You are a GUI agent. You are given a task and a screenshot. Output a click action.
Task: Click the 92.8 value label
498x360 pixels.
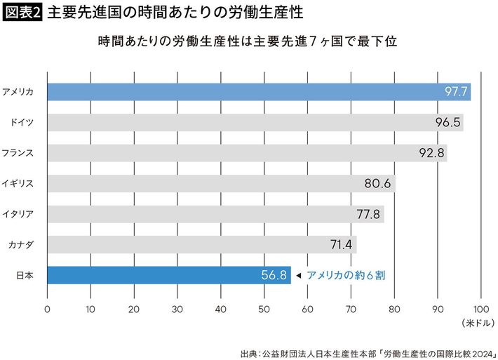tap(431, 153)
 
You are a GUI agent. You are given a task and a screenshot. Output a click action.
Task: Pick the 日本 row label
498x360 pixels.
tap(24, 276)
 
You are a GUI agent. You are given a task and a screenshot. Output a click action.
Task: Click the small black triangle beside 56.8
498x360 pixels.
tap(298, 276)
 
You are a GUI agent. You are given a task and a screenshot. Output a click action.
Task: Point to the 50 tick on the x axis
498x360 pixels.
tap(264, 307)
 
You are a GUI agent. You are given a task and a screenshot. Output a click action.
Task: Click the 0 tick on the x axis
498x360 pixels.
tap(47, 307)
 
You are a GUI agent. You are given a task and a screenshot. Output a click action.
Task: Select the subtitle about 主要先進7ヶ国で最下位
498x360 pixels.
tap(248, 42)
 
